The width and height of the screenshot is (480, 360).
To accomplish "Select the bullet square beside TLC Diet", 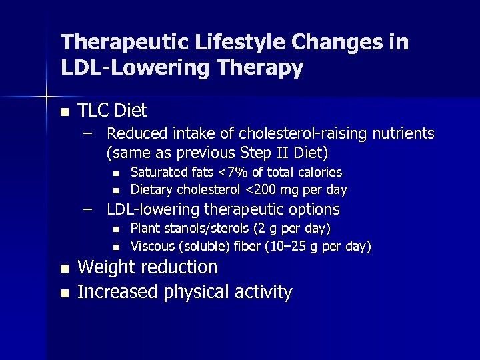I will click(64, 111).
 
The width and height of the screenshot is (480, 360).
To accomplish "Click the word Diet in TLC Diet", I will click(130, 110).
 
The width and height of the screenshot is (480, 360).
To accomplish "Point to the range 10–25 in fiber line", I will click(289, 247).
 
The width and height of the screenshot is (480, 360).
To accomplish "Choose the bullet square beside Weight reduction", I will click(64, 269).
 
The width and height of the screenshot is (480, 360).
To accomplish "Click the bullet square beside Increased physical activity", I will click(64, 293).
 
